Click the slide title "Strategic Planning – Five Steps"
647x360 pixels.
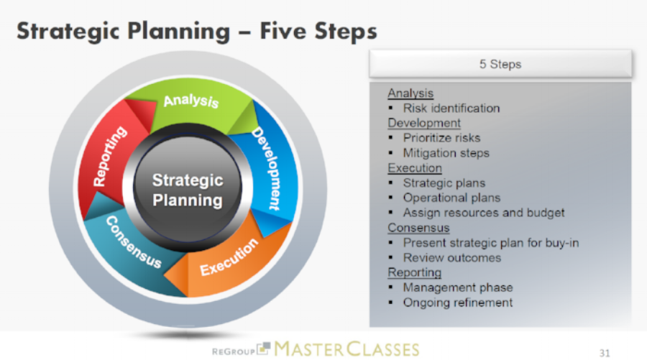196,32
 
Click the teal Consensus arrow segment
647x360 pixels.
134,244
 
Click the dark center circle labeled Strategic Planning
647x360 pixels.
188,190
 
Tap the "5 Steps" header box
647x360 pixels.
500,65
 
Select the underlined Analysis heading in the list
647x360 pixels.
410,93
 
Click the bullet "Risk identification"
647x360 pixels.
451,109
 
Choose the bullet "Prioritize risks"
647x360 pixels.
441,138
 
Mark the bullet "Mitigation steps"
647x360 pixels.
446,153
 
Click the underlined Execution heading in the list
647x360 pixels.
415,168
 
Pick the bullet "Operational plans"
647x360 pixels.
451,198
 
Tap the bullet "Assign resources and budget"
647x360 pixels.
483,213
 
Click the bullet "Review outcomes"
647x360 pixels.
451,258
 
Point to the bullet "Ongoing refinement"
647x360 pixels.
457,303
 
